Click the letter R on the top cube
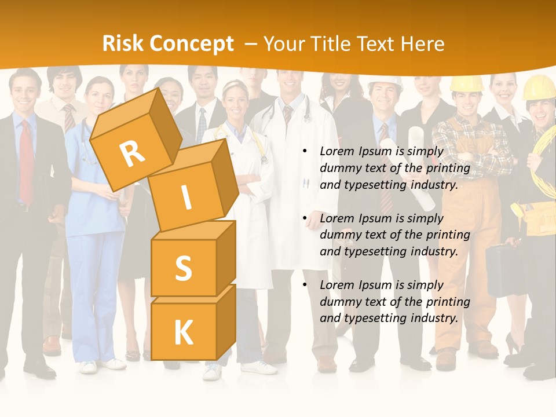coord(131,154)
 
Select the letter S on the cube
coord(183,268)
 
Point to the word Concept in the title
coord(191,44)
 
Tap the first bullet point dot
coord(305,152)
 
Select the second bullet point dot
coord(305,219)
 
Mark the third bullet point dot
coord(305,286)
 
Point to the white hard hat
coord(385,83)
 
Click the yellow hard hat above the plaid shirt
coord(466,84)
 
